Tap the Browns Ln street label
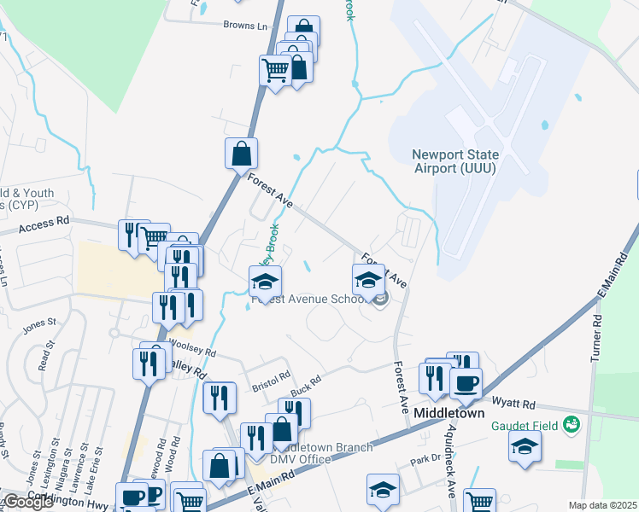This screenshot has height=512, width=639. [x=245, y=26]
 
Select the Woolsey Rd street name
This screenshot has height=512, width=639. [x=194, y=350]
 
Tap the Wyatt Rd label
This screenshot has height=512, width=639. [x=513, y=404]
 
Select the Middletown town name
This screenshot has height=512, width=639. [x=449, y=413]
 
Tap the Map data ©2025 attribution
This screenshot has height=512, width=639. [x=602, y=505]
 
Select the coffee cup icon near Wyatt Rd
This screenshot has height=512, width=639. [x=466, y=383]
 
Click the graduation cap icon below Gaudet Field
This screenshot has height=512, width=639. [x=525, y=445]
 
